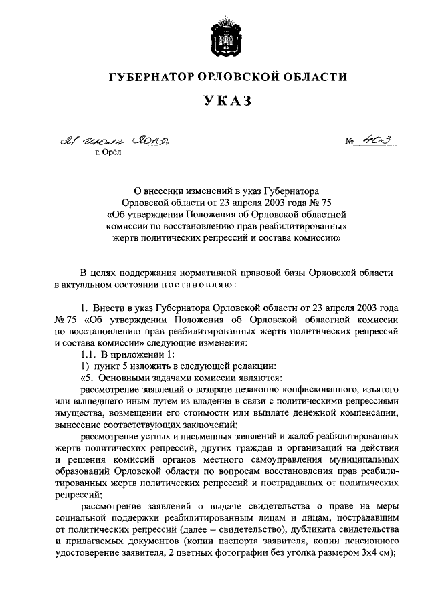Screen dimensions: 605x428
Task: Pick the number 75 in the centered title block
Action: (x=315, y=201)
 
